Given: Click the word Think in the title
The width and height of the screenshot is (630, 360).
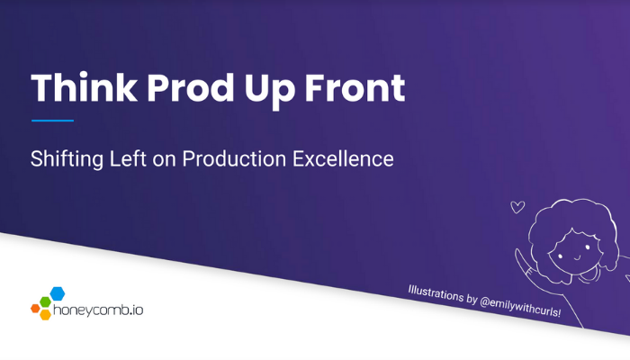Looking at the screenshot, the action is click(x=84, y=87).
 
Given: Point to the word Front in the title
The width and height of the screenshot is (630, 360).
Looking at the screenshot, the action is click(x=355, y=87).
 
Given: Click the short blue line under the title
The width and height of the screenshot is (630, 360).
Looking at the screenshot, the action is click(x=52, y=120).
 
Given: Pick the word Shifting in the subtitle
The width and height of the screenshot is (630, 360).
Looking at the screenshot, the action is click(x=67, y=159).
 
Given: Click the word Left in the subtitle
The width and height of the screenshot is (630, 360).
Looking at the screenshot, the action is click(x=128, y=158).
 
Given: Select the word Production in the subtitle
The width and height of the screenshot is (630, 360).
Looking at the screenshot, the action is click(x=234, y=158).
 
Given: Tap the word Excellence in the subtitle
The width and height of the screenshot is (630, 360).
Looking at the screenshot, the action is click(x=343, y=158).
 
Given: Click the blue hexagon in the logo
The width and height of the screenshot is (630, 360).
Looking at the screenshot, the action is click(x=58, y=293).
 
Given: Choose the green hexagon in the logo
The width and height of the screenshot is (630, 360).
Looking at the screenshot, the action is click(x=45, y=301).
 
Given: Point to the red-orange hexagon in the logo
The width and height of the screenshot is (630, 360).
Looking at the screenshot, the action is click(x=35, y=309).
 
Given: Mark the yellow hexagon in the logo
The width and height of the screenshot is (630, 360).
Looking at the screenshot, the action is click(x=45, y=314).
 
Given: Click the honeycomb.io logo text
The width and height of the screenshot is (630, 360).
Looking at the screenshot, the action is click(x=98, y=310).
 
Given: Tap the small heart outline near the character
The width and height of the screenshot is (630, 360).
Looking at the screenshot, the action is click(x=517, y=207).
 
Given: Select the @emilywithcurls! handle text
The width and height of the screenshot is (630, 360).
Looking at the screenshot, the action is click(x=520, y=306).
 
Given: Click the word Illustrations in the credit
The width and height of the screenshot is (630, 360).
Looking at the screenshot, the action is click(x=436, y=292).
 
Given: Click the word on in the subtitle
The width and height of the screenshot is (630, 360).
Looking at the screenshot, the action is click(x=164, y=160).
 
